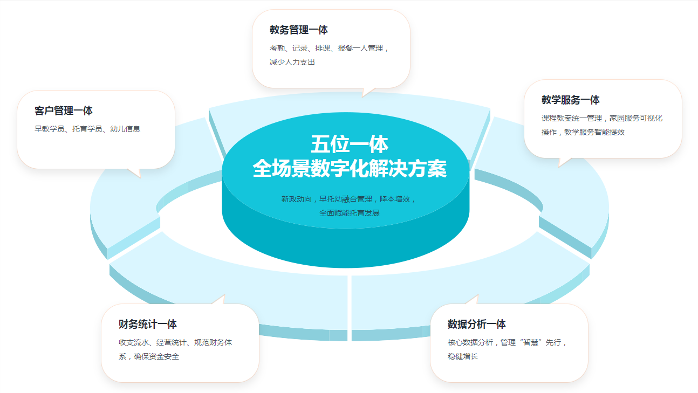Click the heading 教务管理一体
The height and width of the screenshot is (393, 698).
pos(299,30)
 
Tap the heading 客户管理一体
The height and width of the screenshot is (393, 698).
pos(64,111)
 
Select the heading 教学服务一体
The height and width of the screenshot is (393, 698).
pos(571,100)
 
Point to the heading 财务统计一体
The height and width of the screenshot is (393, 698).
pos(148,325)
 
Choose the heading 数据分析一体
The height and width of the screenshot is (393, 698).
pos(477,325)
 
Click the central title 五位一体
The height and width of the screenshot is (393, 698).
pos(350,145)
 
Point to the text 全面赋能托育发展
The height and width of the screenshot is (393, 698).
pos(350,213)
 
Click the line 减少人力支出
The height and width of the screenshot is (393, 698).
pos(292,62)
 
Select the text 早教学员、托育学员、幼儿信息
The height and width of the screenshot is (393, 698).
pos(87,129)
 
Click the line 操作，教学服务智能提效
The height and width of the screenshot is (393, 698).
pos(583,132)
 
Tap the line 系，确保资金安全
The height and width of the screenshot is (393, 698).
pos(149,356)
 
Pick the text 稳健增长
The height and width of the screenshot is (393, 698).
pos(463,356)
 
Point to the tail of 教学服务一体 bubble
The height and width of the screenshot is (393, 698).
pos(564,161)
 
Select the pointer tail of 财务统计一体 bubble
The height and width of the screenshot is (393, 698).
pos(220,299)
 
